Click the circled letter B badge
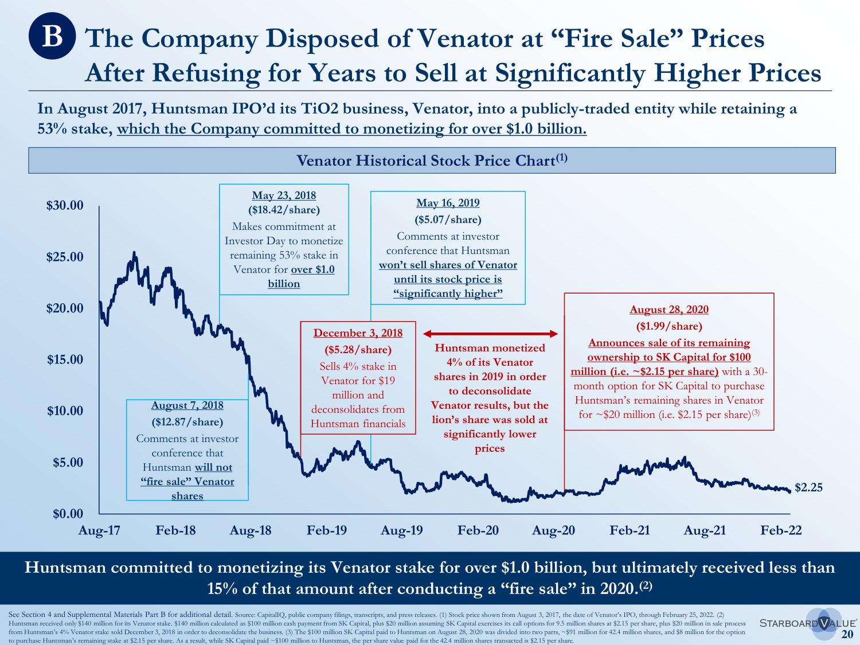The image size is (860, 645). click(52, 36)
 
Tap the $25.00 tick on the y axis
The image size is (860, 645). click(65, 257)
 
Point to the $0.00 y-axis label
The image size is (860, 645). click(68, 514)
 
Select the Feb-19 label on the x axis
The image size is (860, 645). click(327, 530)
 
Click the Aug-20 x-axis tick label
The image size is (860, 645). click(553, 530)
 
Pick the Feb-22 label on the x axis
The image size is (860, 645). click(781, 530)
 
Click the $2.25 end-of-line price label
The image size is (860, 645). click(808, 487)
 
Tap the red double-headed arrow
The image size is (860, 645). click(490, 334)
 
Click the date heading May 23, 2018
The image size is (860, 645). click(284, 196)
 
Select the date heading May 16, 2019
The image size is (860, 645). click(448, 203)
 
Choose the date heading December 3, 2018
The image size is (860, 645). click(358, 333)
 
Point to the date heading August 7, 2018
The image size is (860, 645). click(187, 405)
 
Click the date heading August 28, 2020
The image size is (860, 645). click(669, 310)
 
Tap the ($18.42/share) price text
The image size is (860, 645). click(284, 210)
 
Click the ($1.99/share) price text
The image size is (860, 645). click(669, 326)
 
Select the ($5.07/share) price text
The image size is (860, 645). click(448, 220)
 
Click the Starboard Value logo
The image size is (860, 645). click(807, 623)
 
